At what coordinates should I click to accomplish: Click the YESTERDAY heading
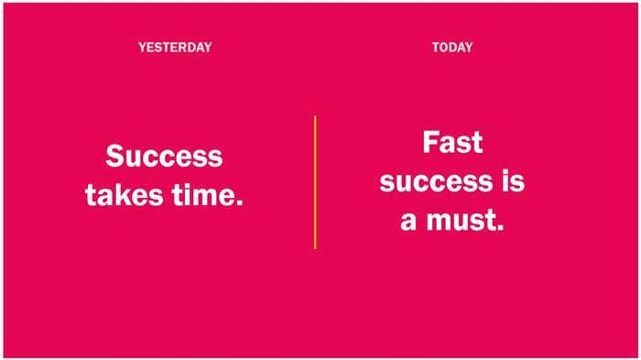tap(175, 48)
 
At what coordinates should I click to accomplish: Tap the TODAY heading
tap(452, 48)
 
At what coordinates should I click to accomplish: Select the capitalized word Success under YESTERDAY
tap(164, 156)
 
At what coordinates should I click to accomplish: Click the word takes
tap(125, 194)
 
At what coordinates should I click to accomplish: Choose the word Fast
tap(452, 142)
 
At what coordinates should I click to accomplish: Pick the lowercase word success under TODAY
tap(436, 182)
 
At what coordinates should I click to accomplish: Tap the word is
tap(514, 180)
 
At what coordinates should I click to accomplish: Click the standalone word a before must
tap(408, 222)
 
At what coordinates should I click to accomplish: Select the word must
tap(462, 220)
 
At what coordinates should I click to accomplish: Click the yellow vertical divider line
tap(315, 182)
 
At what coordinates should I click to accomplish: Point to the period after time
tap(240, 202)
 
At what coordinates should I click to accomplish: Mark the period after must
tap(500, 227)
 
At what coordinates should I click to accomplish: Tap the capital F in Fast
tap(430, 142)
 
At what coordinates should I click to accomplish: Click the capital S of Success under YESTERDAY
tap(114, 156)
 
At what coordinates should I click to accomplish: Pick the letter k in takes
tap(125, 194)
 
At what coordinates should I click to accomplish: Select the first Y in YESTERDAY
tap(142, 48)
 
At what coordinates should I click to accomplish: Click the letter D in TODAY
tap(451, 48)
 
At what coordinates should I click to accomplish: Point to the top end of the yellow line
tap(315, 116)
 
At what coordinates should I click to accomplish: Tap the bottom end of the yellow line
tap(315, 249)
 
